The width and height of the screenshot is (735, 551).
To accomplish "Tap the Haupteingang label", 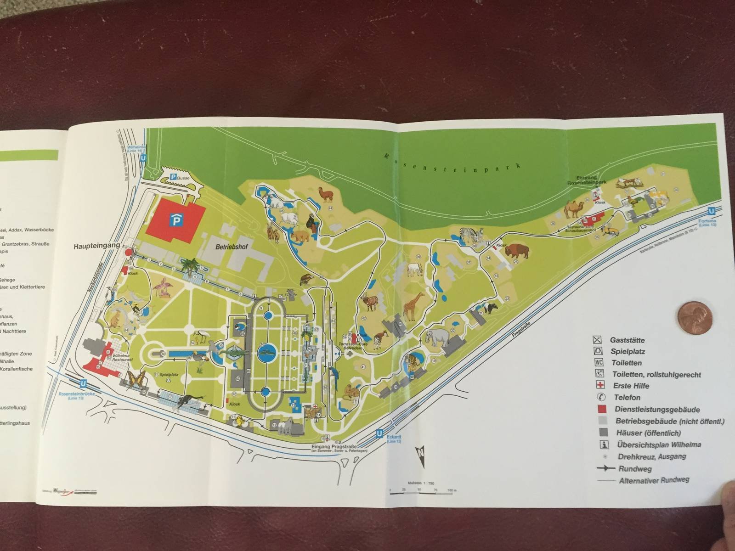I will coord(96,246).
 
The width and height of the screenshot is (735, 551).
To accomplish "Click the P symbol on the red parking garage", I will coord(176,221).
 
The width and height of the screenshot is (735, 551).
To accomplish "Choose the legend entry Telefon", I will coord(627,397).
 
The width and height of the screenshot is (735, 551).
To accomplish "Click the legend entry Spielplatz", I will coord(627,352).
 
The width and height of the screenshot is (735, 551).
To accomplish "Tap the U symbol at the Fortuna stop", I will coord(711,211).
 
